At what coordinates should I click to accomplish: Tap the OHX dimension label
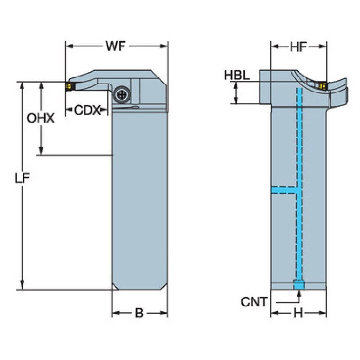(40, 118)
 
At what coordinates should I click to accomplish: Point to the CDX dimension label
(87, 110)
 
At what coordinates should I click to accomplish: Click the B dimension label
(139, 314)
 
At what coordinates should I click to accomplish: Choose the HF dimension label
(298, 46)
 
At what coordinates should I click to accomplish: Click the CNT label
(254, 301)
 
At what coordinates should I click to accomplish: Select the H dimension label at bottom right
(298, 314)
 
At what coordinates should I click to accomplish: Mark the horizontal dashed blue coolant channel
(285, 190)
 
